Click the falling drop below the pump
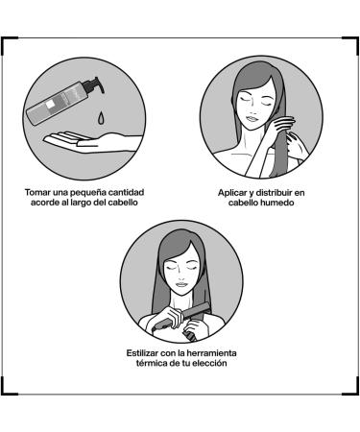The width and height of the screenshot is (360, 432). pos(101,117)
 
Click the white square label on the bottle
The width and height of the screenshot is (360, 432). pos(50,105)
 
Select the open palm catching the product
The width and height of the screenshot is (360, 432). pos(92,141)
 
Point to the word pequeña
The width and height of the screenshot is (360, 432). pos(88,193)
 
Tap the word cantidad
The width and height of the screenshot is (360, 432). pos(126,193)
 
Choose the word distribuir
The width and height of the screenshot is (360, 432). pos(274,193)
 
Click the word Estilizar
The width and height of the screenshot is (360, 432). pos(142,353)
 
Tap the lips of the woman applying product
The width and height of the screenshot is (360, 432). pos(252,119)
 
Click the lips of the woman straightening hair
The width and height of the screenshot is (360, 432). pos(181,284)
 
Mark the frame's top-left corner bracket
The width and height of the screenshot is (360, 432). pos(8,44)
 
